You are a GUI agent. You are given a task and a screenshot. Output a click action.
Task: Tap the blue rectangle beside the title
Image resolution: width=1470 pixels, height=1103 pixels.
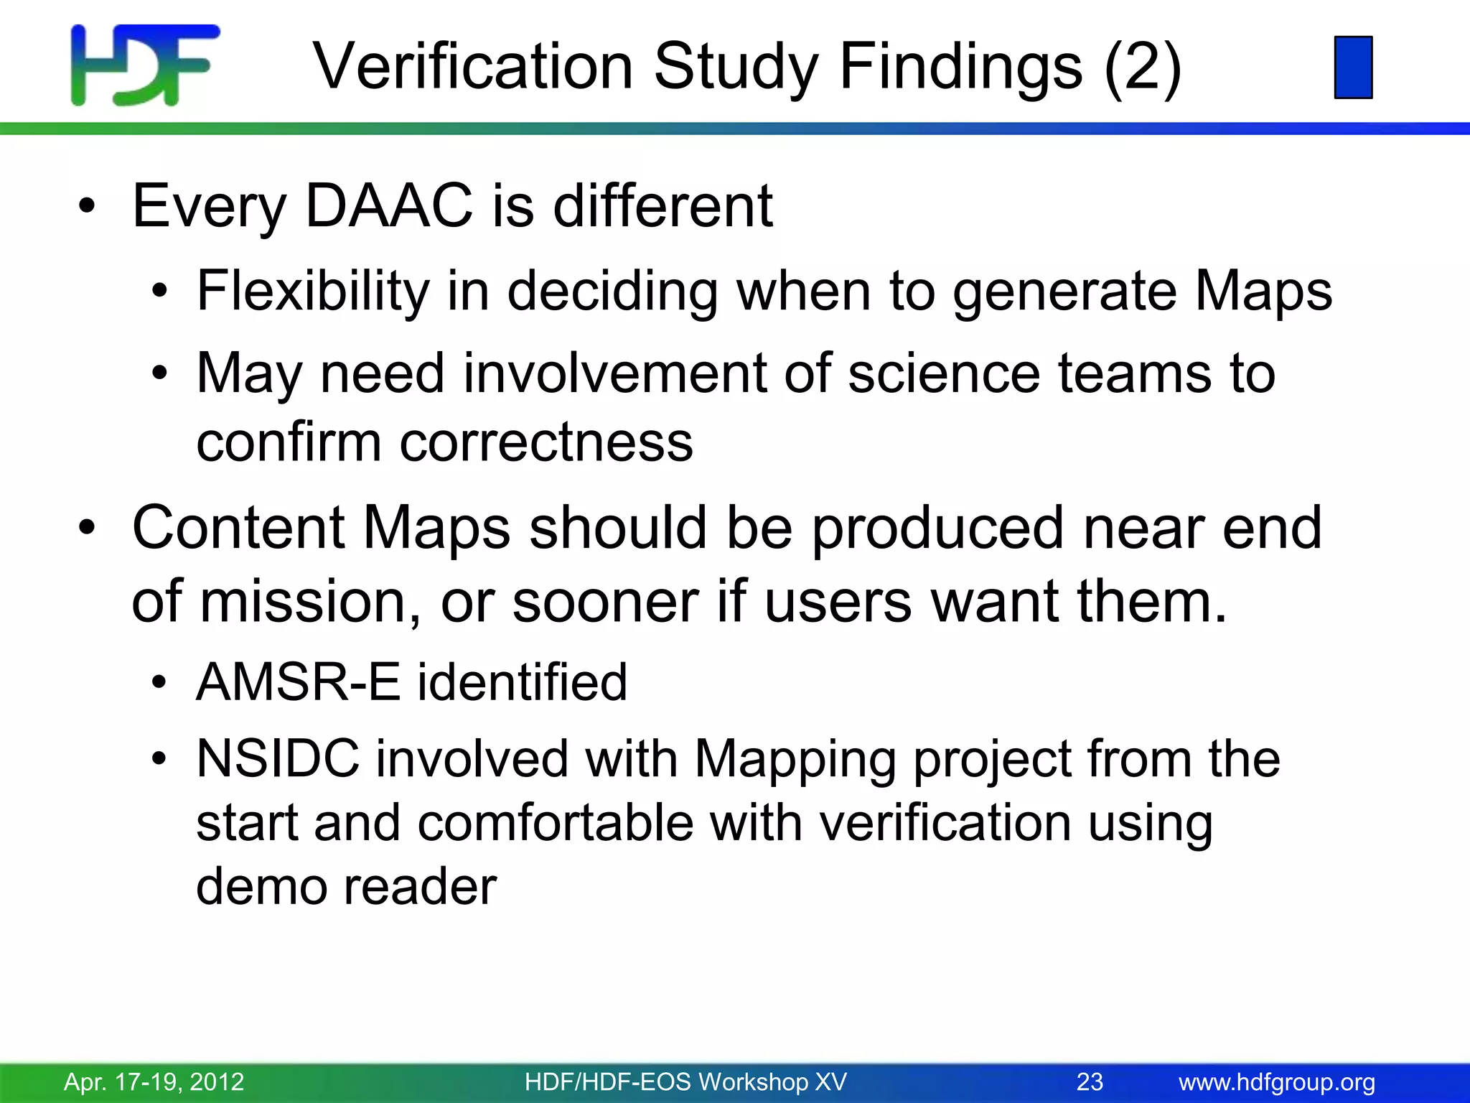pos(1353,67)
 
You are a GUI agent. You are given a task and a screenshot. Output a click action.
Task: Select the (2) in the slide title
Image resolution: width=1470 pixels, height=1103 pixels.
pos(1142,67)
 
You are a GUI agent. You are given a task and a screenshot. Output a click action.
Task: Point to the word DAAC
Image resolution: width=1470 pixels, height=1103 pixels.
pos(388,206)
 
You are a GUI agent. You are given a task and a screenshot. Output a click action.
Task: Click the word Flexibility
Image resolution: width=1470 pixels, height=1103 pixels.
pos(313,292)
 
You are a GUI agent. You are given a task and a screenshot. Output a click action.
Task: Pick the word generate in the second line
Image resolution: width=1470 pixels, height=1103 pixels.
pos(1065,292)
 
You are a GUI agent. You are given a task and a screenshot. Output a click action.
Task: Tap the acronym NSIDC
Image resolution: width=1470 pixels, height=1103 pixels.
pos(278,758)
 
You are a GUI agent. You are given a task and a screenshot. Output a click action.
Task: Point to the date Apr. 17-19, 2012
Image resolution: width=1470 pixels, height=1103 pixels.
pos(154,1081)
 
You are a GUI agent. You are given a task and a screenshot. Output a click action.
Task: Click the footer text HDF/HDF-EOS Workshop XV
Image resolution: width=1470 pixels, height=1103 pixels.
pos(685,1081)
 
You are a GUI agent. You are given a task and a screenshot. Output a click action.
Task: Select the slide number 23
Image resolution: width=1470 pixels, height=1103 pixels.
pos(1090,1081)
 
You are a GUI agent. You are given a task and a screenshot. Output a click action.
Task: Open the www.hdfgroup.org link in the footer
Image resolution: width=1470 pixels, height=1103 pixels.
pos(1277,1081)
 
